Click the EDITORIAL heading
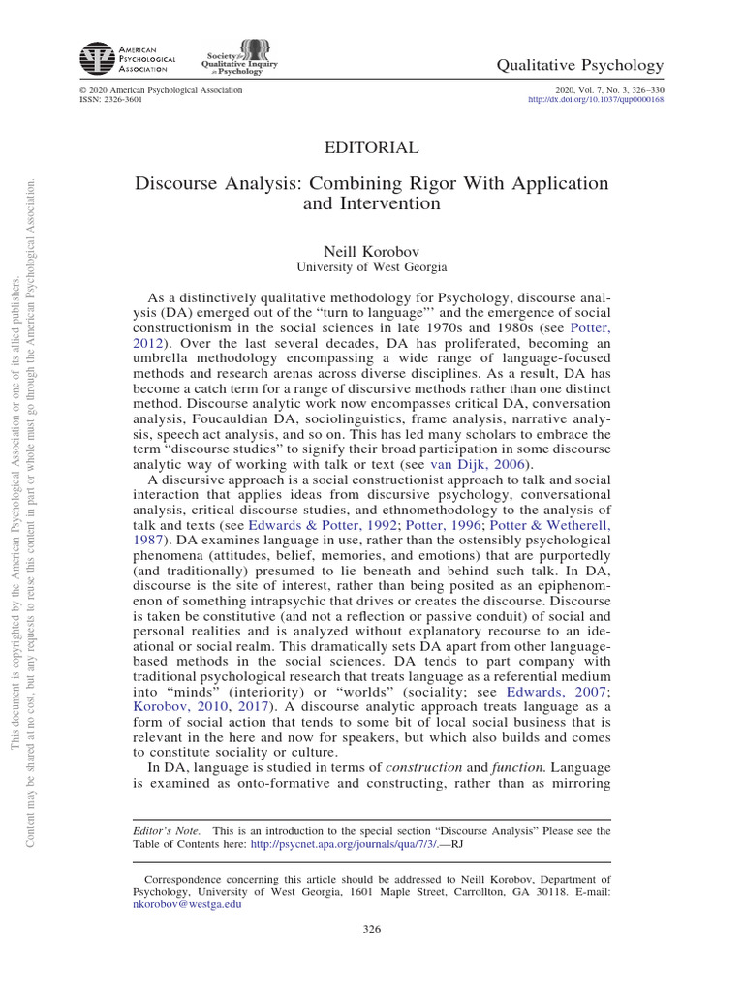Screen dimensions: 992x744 tap(371, 147)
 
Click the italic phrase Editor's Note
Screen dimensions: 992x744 tap(165, 830)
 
